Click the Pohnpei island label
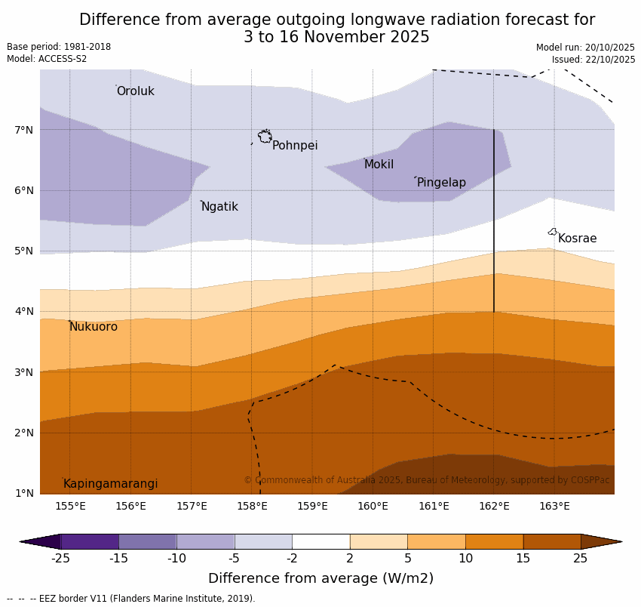click(x=295, y=146)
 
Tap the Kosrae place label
click(x=577, y=239)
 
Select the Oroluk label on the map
click(x=135, y=91)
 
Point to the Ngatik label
click(x=219, y=207)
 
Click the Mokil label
click(x=379, y=165)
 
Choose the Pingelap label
click(x=441, y=183)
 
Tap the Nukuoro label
click(x=94, y=327)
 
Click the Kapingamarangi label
click(x=110, y=484)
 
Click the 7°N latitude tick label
click(x=24, y=130)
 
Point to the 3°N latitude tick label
click(x=24, y=372)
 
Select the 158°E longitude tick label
click(x=252, y=506)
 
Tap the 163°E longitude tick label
click(x=554, y=506)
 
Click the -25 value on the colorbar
click(x=60, y=559)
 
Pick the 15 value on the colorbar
click(x=523, y=559)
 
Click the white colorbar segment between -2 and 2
click(x=320, y=541)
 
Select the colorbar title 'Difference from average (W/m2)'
click(x=320, y=579)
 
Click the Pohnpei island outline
click(x=265, y=137)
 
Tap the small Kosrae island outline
click(x=552, y=232)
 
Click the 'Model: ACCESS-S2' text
click(x=47, y=59)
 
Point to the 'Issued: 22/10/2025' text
click(x=593, y=60)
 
